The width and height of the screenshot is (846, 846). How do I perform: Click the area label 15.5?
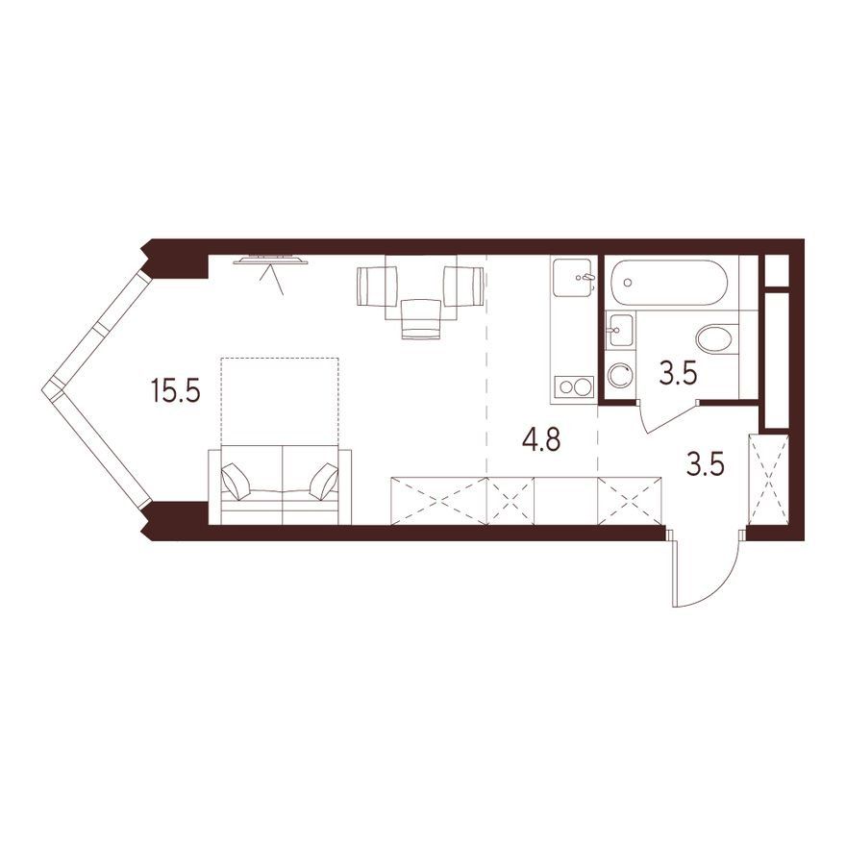point(177,390)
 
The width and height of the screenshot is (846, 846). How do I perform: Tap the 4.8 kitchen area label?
point(541,439)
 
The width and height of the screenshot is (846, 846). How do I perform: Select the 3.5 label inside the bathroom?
point(679,374)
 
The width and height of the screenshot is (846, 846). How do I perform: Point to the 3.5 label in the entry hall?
point(706,464)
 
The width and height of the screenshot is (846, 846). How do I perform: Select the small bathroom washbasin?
point(619,329)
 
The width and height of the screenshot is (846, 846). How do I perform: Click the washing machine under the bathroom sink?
point(620,374)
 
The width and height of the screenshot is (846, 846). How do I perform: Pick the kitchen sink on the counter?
point(574,277)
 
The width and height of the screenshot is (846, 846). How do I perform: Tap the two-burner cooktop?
point(574,386)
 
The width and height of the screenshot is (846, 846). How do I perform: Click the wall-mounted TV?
point(271,261)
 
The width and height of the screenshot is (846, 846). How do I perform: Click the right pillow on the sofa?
point(323,480)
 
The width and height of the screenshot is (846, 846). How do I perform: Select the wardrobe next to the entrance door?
point(769,479)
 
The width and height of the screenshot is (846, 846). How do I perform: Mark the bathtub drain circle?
point(628,283)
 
